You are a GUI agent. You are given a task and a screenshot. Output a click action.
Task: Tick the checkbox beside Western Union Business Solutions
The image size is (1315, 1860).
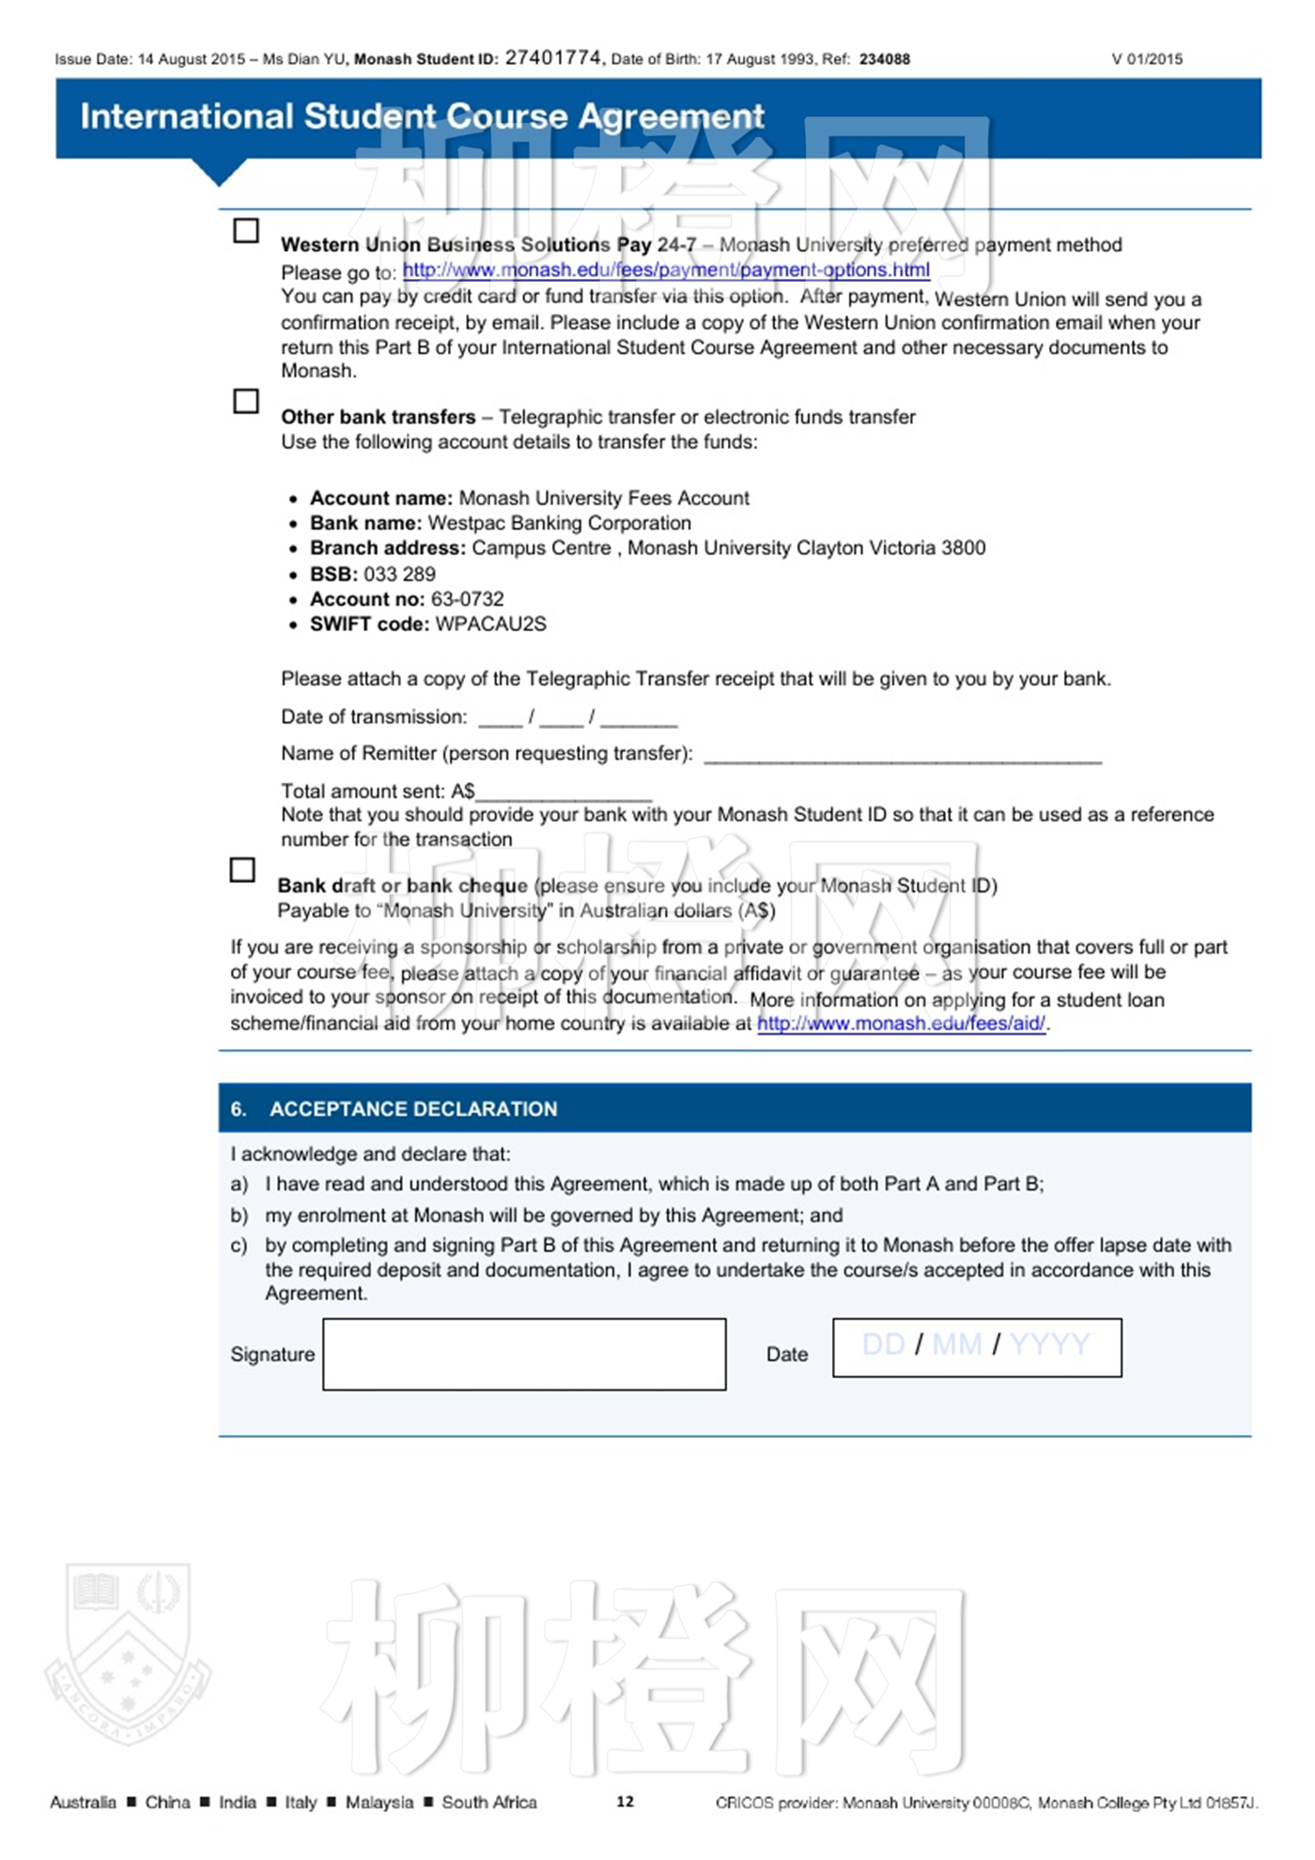click(246, 231)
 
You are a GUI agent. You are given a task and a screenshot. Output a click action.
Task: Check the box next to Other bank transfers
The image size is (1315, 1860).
click(246, 401)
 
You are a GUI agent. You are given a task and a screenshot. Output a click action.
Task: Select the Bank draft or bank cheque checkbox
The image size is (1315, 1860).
click(242, 870)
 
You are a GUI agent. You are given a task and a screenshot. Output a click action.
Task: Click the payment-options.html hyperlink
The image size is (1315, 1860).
click(666, 271)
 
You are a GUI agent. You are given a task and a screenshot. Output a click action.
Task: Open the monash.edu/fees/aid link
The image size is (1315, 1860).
click(902, 1024)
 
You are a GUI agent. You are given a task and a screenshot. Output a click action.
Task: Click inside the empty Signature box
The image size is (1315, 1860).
click(524, 1355)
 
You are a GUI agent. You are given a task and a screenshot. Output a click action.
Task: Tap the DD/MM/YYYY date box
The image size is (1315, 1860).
click(977, 1347)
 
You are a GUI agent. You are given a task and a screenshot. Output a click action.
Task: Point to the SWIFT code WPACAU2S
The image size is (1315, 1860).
click(490, 625)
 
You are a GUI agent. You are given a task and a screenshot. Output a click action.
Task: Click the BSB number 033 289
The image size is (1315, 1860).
click(399, 574)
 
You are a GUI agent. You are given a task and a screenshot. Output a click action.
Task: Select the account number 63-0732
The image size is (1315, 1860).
click(467, 599)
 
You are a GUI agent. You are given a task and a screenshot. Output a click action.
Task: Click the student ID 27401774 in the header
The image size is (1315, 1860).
click(554, 58)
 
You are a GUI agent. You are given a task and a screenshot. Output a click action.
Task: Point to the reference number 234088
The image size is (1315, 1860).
click(885, 59)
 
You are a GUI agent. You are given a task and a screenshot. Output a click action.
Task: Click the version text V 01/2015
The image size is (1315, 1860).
click(1147, 59)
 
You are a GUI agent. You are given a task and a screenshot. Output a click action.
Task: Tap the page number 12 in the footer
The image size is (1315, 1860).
click(626, 1801)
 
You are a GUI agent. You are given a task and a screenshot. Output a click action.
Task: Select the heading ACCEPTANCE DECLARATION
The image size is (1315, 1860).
click(413, 1109)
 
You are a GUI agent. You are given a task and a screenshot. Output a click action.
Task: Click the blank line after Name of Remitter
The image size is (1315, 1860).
click(902, 757)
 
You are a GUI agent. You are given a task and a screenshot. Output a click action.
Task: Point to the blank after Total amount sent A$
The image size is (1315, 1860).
click(564, 795)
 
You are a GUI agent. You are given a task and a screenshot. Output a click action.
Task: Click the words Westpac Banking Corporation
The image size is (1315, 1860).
click(559, 523)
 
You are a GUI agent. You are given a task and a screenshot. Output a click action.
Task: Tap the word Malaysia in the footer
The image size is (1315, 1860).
click(379, 1802)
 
